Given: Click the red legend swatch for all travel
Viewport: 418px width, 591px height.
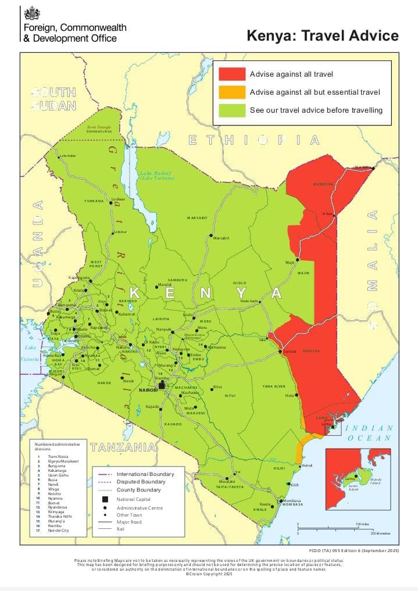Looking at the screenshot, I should [x=231, y=74].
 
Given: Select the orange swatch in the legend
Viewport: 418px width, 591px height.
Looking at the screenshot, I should [x=231, y=92].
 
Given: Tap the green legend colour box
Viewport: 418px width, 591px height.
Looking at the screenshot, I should [x=231, y=110].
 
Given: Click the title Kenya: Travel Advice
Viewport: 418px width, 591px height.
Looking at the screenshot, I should [x=323, y=35].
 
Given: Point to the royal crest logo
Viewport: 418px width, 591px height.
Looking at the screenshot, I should [x=30, y=14].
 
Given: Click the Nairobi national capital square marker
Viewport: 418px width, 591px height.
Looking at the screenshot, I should [x=162, y=385].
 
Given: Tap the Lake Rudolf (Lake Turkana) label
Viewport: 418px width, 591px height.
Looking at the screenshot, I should [x=156, y=175].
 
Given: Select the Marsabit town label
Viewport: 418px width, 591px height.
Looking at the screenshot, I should [x=221, y=238].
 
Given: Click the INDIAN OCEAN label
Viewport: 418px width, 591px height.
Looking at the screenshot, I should [x=370, y=433].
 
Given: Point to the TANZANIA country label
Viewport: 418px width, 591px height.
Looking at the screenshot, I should [x=123, y=447].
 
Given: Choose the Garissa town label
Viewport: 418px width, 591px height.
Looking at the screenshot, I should [x=290, y=352].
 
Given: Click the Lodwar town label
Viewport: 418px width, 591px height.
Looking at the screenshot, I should [x=118, y=199].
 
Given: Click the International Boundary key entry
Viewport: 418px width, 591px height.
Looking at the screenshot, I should [x=145, y=474].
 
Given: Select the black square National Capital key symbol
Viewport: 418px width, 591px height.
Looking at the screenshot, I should [x=105, y=499].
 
